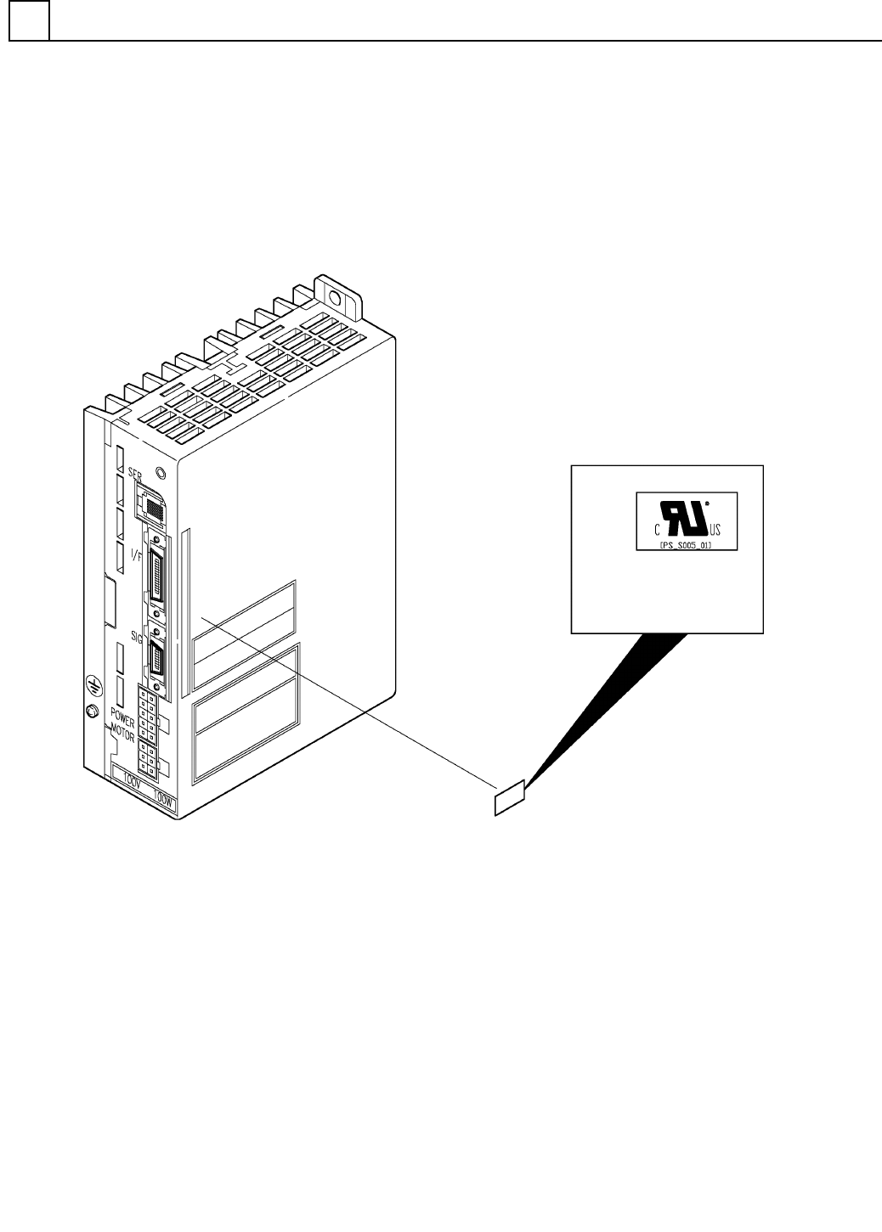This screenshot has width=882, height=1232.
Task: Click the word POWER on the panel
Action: [x=122, y=712]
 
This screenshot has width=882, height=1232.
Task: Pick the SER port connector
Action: [x=153, y=508]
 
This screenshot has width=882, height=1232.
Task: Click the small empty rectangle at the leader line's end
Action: [x=510, y=799]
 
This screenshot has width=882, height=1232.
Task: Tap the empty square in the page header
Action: [x=29, y=21]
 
